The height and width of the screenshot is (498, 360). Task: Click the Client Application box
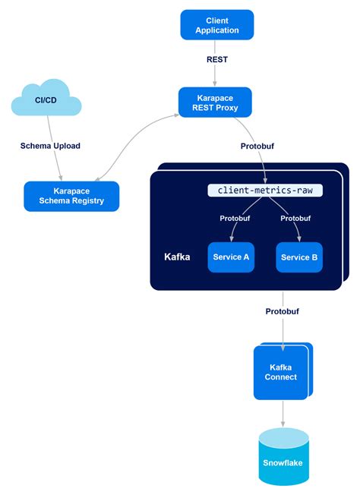pos(216,25)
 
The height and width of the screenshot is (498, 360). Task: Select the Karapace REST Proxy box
pos(216,102)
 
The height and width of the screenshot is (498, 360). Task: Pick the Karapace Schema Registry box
pos(71,196)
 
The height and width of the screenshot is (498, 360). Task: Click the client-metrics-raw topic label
pos(265,191)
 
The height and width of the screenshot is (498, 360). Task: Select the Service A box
pos(232,257)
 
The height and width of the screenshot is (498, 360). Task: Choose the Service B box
pos(299,257)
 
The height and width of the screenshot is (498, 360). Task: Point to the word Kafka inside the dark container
pos(177,257)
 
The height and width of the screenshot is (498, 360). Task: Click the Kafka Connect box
pos(281,371)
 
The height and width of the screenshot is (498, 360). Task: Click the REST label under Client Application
pos(216,58)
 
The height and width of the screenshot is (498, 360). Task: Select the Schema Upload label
pos(50,145)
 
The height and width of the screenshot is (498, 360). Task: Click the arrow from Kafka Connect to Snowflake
pos(283,412)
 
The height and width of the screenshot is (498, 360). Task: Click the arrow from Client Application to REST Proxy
pos(216,74)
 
